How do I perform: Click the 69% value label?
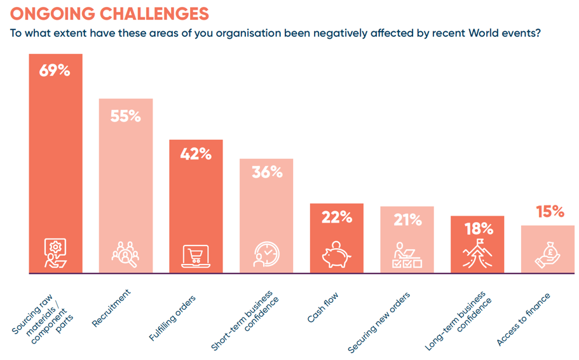click(55, 71)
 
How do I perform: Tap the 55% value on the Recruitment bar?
click(125, 116)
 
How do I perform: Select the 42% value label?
click(196, 154)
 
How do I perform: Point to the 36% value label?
click(266, 172)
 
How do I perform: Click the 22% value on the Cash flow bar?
click(337, 218)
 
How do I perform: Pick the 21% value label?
click(407, 220)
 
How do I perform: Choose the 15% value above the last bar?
click(548, 212)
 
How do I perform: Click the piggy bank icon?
click(337, 255)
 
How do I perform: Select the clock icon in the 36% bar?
click(266, 254)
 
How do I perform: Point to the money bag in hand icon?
click(548, 254)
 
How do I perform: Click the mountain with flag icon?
click(477, 254)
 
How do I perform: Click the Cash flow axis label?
click(323, 307)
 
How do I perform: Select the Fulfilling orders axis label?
click(172, 319)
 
